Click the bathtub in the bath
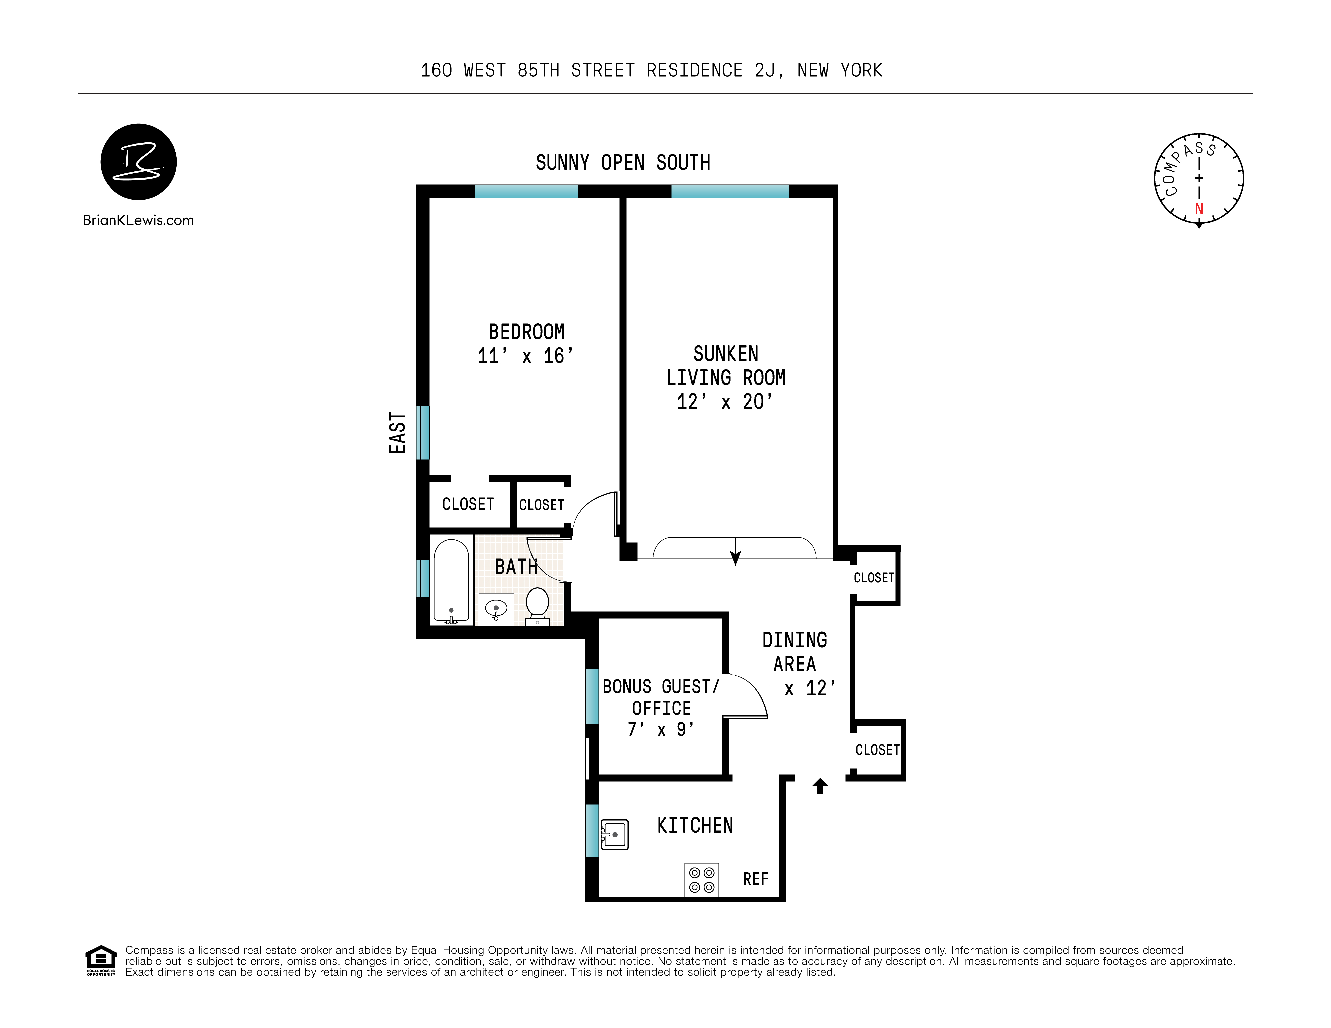click(x=451, y=580)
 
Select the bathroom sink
click(x=496, y=608)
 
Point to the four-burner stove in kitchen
click(x=702, y=879)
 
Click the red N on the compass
click(x=1199, y=209)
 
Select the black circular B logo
click(x=138, y=162)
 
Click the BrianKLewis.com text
click(x=138, y=221)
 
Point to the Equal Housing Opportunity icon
click(x=101, y=960)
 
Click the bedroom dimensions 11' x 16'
click(x=525, y=356)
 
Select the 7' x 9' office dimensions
click(x=661, y=729)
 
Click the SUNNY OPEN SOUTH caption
click(x=623, y=163)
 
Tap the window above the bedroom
click(x=527, y=191)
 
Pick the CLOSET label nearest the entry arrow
click(x=877, y=750)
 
